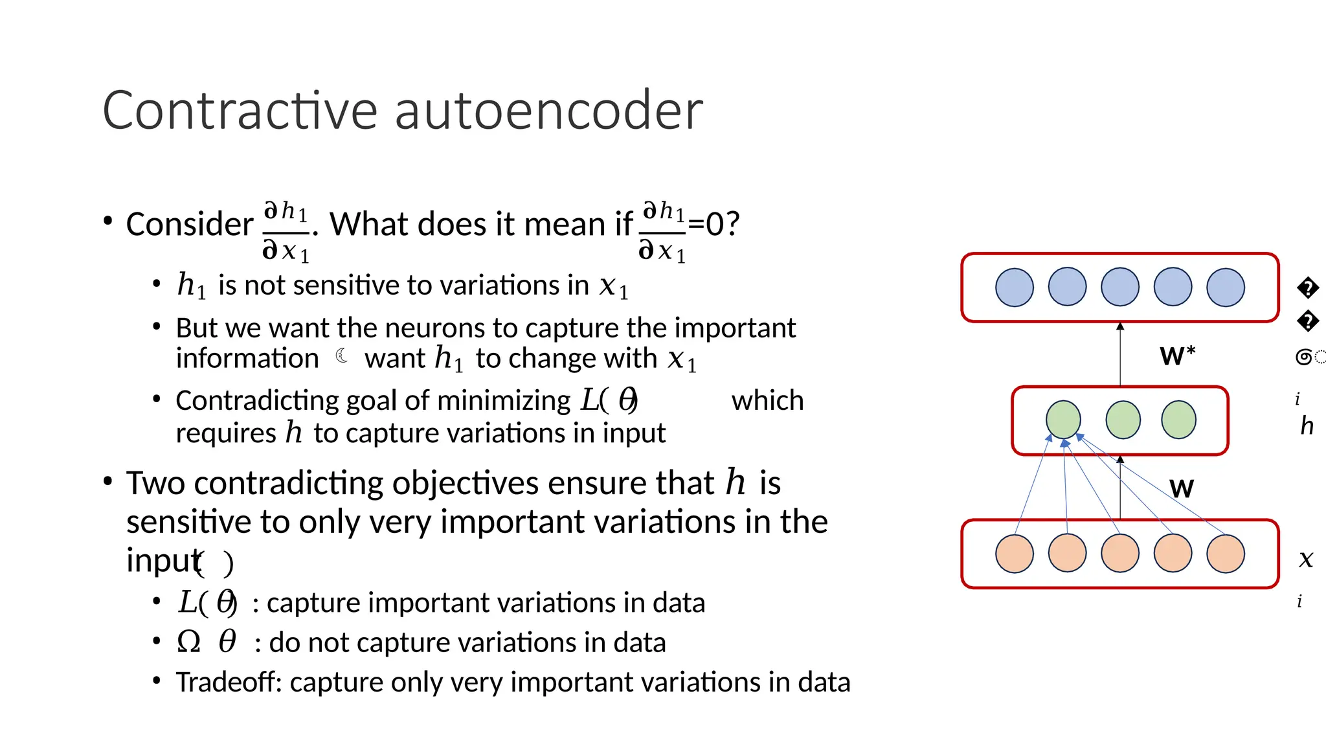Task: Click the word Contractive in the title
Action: [240, 111]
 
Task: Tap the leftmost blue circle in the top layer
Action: [1014, 288]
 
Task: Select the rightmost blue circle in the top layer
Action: [1225, 288]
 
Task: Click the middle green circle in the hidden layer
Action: [1123, 420]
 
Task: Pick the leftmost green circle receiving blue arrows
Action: [1063, 420]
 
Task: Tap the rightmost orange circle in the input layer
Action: [1225, 554]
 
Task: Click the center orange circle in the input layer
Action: [1119, 554]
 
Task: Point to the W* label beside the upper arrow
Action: [1177, 356]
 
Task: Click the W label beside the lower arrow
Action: [1181, 488]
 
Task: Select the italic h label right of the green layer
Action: [1307, 426]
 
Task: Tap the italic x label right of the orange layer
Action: [1306, 559]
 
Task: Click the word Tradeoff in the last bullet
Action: [229, 683]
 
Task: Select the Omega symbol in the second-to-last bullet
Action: [188, 642]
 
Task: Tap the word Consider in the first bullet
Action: [189, 225]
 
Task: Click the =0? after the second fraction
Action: [714, 225]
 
